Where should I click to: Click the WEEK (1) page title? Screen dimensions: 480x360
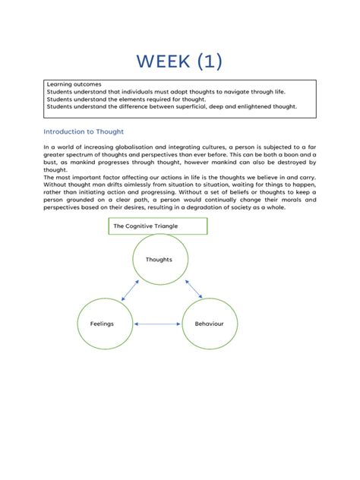pyautogui.click(x=180, y=61)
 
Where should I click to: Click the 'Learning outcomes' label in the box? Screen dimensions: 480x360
pyautogui.click(x=74, y=84)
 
